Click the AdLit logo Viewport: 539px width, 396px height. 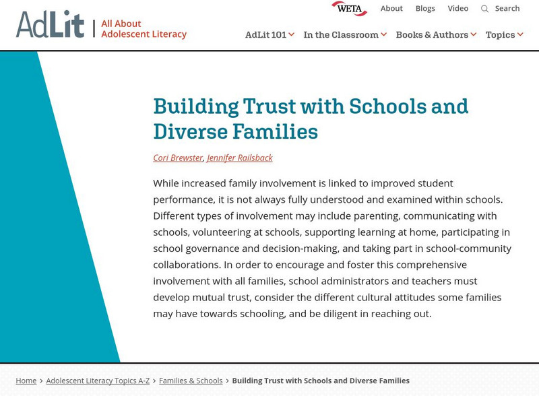click(50, 25)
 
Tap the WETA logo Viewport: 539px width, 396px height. click(349, 9)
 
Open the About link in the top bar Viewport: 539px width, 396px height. click(391, 9)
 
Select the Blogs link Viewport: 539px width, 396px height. click(425, 9)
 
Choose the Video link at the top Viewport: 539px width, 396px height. click(458, 9)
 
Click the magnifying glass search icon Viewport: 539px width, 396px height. click(484, 9)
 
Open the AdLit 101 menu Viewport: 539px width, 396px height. click(269, 35)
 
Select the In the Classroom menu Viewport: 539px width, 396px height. click(345, 35)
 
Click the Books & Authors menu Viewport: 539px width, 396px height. click(436, 35)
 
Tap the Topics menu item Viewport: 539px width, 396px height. click(504, 35)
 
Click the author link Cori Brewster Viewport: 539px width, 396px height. click(178, 158)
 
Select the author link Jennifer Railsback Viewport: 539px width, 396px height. click(240, 158)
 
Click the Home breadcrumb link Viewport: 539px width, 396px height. click(26, 381)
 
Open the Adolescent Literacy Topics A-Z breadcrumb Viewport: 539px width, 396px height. click(98, 381)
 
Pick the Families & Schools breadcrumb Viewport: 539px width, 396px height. click(191, 381)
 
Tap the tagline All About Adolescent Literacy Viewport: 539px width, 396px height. click(144, 29)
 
